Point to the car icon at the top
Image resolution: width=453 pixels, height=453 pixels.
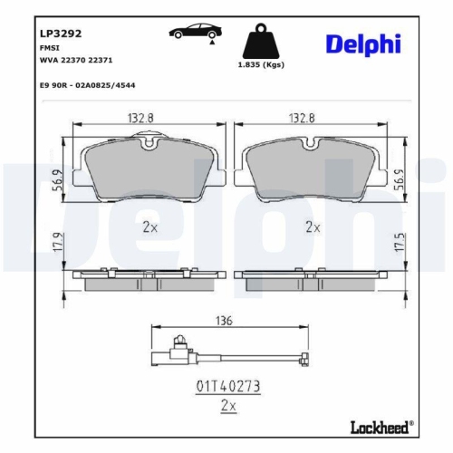pos(193,33)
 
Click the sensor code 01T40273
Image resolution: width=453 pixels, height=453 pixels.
pos(228,386)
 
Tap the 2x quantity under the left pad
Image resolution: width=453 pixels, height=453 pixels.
pos(149,227)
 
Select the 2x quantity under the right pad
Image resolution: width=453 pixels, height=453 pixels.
pos(313,227)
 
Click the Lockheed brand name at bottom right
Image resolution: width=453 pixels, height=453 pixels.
pos(381,426)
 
